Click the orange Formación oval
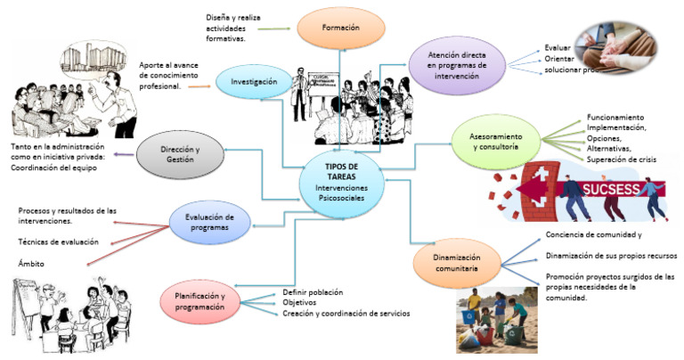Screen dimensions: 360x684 click(342, 28)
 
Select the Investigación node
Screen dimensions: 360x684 click(255, 81)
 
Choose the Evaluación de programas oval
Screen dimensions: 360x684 click(208, 222)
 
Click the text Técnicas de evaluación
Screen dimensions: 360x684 click(59, 242)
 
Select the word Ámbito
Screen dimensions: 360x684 click(32, 263)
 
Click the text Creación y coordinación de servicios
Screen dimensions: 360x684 click(346, 314)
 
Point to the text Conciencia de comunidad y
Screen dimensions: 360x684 click(593, 234)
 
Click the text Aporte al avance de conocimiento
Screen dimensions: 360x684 click(174, 77)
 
